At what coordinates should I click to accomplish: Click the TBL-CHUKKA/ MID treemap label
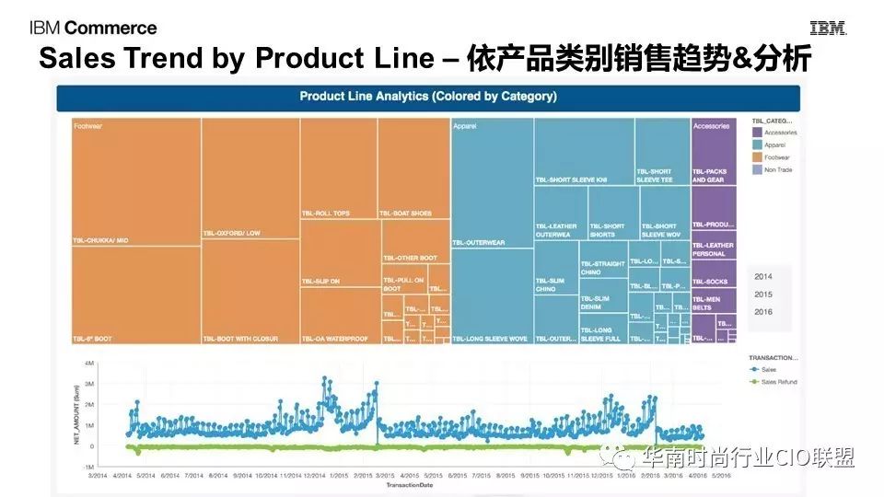click(101, 240)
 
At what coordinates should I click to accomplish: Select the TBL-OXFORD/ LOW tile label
click(232, 233)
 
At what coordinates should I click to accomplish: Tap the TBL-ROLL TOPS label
click(326, 214)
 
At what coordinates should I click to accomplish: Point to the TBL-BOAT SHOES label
click(406, 214)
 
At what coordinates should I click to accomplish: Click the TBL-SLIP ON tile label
click(321, 281)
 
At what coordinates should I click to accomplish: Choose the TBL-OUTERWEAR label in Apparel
click(480, 243)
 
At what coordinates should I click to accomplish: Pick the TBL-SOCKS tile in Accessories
click(710, 281)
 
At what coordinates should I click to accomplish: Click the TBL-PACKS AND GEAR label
click(710, 175)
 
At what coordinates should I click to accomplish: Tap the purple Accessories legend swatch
click(756, 133)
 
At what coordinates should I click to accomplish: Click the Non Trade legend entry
click(777, 169)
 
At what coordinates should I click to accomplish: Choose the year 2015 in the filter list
click(764, 295)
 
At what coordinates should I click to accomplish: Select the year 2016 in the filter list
click(764, 312)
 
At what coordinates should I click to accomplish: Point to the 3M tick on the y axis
click(89, 384)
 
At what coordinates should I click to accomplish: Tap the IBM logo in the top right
click(828, 29)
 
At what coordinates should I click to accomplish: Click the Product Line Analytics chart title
click(428, 96)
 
